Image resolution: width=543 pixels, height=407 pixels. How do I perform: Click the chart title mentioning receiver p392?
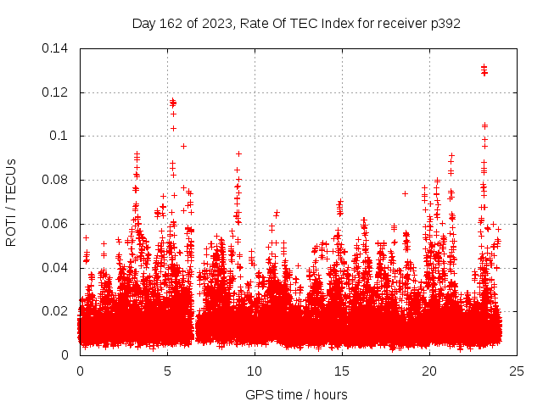point(296,23)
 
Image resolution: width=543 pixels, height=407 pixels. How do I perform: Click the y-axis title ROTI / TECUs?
point(11,202)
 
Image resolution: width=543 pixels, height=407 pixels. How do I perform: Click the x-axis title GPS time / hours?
point(296,394)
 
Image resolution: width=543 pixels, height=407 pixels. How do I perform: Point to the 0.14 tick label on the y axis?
point(57,48)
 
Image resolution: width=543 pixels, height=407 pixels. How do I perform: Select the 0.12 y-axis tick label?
point(57,92)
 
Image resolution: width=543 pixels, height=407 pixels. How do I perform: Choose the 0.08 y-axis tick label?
point(57,180)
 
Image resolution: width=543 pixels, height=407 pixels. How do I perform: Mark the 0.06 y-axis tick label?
point(57,224)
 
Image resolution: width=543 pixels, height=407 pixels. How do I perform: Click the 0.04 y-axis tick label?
point(57,268)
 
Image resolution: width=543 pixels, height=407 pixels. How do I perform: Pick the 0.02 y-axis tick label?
point(57,311)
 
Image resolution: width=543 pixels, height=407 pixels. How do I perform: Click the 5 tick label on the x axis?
point(167,371)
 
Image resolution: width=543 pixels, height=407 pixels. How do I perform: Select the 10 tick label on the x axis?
point(255,371)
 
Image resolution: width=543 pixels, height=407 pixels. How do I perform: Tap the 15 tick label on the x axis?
point(342,371)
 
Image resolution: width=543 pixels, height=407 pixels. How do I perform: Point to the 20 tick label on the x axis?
point(429,371)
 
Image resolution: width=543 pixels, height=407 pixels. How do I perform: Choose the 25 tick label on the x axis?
point(516,371)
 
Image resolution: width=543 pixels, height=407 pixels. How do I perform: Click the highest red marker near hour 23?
point(484,67)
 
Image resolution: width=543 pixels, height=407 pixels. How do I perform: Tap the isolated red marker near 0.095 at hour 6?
point(183,146)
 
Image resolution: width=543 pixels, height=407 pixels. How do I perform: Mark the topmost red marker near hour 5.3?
point(172,101)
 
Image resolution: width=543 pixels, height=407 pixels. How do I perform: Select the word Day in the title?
point(144,23)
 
